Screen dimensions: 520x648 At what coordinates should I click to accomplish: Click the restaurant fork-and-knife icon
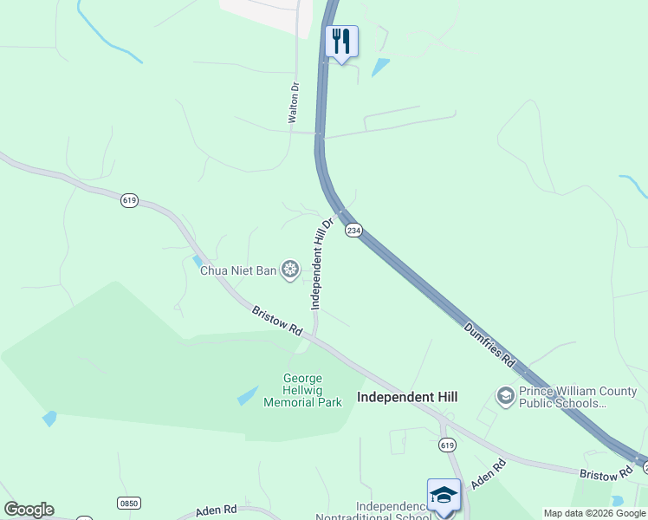tap(341, 41)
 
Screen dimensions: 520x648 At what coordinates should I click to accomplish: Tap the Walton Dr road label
tap(294, 101)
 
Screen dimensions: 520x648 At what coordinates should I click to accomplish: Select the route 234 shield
tap(353, 230)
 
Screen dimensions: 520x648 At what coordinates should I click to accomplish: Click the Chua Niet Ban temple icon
tap(290, 270)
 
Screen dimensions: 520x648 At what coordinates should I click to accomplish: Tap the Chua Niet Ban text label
tap(238, 270)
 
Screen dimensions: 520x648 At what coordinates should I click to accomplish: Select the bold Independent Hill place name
tap(407, 397)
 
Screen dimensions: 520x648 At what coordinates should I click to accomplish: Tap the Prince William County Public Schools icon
tap(505, 397)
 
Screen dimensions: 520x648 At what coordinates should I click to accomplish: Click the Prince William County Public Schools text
tap(572, 397)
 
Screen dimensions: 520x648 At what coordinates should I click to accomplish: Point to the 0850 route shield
tap(128, 503)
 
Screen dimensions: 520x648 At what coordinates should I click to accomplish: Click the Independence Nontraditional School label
tap(394, 512)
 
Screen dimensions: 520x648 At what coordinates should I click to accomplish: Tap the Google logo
tap(29, 510)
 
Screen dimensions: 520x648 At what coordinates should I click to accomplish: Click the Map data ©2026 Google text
tap(595, 513)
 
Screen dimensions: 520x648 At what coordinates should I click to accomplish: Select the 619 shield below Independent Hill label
tap(446, 445)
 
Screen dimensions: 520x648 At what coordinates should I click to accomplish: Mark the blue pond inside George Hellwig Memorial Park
tap(247, 396)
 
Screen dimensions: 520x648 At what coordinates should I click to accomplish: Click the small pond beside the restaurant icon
tap(379, 67)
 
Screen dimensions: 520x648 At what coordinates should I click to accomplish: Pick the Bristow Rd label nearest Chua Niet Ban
tap(277, 320)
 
